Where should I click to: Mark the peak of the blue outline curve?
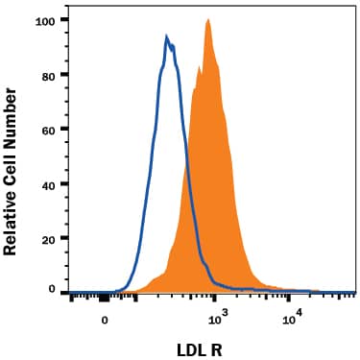pyautogui.click(x=167, y=37)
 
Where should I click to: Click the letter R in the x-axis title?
pyautogui.click(x=230, y=344)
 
